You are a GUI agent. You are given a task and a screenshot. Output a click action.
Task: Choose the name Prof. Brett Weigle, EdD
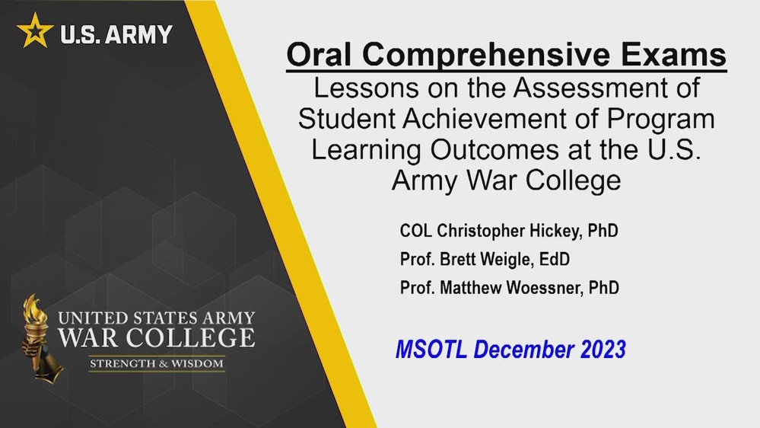(485, 260)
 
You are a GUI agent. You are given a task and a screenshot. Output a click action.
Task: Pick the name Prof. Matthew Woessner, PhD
(509, 288)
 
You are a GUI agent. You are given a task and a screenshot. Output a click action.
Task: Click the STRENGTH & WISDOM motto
(157, 363)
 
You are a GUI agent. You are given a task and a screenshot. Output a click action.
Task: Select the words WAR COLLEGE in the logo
(157, 338)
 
